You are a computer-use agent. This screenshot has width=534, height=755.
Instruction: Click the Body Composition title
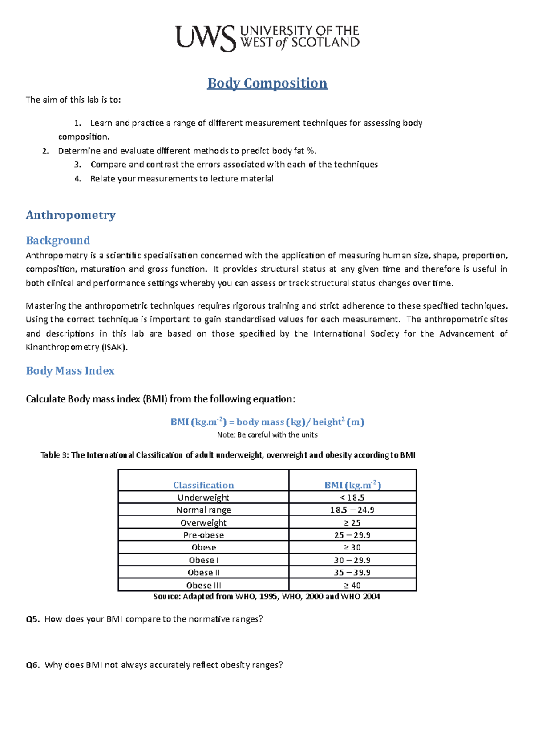tap(267, 83)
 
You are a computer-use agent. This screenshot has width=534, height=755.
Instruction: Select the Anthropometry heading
tap(71, 215)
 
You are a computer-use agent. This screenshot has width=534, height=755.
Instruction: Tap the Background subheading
tap(58, 241)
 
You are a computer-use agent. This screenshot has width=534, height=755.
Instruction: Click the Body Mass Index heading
tap(70, 371)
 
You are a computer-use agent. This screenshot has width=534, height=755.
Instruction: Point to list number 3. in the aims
tap(78, 165)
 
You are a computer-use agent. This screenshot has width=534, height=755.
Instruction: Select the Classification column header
tap(203, 485)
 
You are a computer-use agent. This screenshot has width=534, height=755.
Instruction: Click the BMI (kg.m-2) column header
tap(352, 485)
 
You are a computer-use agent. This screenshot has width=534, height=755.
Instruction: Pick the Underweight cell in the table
tap(203, 498)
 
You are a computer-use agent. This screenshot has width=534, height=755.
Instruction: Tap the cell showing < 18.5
tap(352, 498)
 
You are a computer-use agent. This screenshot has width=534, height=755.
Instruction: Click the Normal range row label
tap(203, 510)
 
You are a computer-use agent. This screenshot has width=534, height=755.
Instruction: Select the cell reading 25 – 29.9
tap(352, 535)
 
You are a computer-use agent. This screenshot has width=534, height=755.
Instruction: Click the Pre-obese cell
tap(203, 535)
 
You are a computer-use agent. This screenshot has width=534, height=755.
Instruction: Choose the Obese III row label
tap(203, 585)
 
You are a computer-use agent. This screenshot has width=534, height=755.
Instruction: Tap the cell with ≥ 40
tap(352, 585)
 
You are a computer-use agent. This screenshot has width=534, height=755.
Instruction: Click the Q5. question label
tap(32, 619)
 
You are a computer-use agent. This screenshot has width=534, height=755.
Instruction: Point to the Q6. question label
tap(32, 665)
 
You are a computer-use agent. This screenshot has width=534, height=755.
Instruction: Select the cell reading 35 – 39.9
tap(352, 573)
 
